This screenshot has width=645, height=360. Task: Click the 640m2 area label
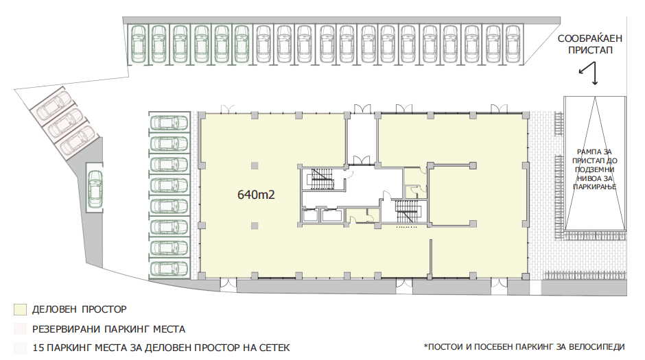click(x=256, y=194)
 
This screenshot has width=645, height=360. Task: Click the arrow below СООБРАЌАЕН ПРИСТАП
click(x=589, y=73)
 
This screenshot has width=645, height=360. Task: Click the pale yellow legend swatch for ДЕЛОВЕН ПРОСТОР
click(x=20, y=309)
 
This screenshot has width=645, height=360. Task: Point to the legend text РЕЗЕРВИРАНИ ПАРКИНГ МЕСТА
click(x=108, y=329)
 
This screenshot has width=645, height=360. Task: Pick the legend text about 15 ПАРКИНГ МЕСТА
click(x=161, y=348)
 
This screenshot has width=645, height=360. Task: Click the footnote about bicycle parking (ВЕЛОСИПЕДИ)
click(x=524, y=347)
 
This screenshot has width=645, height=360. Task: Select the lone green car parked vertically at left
click(x=95, y=187)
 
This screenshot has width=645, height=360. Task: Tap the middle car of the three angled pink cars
click(x=63, y=123)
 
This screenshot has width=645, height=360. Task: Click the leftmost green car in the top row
click(x=138, y=44)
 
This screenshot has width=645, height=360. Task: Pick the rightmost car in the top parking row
click(x=513, y=44)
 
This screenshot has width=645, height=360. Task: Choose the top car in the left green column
click(x=169, y=123)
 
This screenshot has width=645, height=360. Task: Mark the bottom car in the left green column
click(x=169, y=269)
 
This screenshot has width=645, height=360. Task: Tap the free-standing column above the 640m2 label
click(x=255, y=166)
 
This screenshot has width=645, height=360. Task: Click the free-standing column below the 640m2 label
click(x=255, y=225)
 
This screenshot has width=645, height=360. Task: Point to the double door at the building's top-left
click(x=228, y=109)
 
